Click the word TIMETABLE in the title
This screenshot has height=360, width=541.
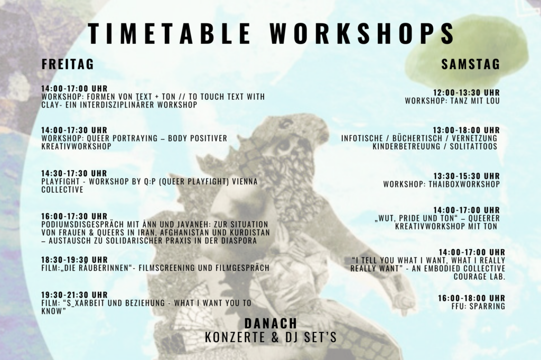[x=169, y=33]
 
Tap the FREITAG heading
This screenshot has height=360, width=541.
[x=68, y=64]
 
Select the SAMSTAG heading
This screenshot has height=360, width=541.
[x=471, y=64]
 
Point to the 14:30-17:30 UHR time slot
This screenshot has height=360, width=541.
[x=74, y=173]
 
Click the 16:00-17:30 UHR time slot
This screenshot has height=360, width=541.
[x=74, y=216]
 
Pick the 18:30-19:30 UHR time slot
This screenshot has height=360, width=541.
[x=74, y=259]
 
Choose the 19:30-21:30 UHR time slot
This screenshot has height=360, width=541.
[x=74, y=295]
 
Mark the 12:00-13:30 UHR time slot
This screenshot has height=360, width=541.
[x=467, y=92]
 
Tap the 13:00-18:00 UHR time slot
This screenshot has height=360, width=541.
[x=467, y=130]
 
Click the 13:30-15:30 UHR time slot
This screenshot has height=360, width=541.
[x=467, y=176]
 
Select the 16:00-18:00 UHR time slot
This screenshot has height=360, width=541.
[x=472, y=298]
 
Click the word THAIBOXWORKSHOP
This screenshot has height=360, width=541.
[x=464, y=184]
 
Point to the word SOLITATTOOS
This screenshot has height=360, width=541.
[x=474, y=146]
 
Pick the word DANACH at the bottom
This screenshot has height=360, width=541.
[x=271, y=324]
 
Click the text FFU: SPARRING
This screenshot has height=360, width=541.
[x=478, y=306]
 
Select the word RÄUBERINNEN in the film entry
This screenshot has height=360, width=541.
[x=99, y=268]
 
